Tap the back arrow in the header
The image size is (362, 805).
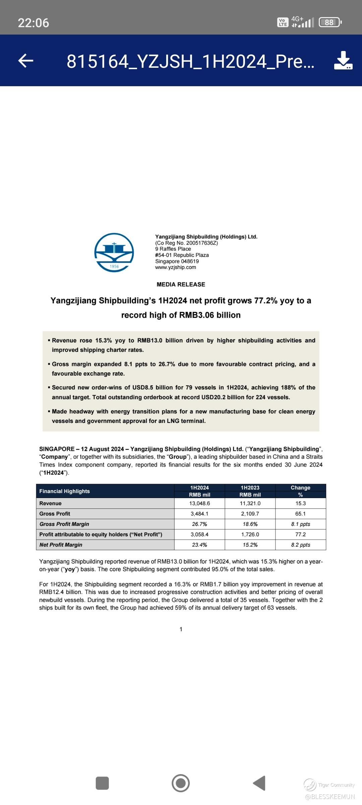[26, 61]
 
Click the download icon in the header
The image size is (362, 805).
[343, 61]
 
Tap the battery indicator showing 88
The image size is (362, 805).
[330, 22]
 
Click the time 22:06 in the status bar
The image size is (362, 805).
[34, 23]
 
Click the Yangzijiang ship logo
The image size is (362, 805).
[114, 252]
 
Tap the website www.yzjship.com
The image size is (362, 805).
[176, 267]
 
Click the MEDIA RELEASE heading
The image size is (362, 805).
[181, 284]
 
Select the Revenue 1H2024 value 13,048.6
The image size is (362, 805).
[199, 503]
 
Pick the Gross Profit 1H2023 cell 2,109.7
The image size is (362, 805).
[250, 514]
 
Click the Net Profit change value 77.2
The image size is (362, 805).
[300, 535]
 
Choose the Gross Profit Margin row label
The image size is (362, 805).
[64, 524]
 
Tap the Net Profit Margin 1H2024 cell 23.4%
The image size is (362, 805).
[199, 545]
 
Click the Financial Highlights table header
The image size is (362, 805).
[65, 491]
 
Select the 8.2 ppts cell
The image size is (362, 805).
[300, 545]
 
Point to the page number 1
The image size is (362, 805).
[181, 630]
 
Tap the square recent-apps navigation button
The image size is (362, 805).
[102, 783]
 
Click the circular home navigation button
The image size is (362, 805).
[181, 783]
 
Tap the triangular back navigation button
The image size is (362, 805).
[259, 783]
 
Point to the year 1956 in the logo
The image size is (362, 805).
[114, 267]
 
